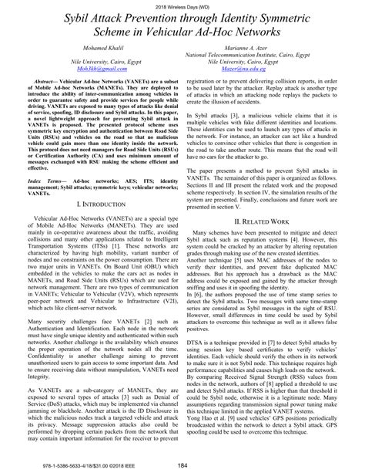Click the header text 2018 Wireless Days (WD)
coord(182,6)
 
